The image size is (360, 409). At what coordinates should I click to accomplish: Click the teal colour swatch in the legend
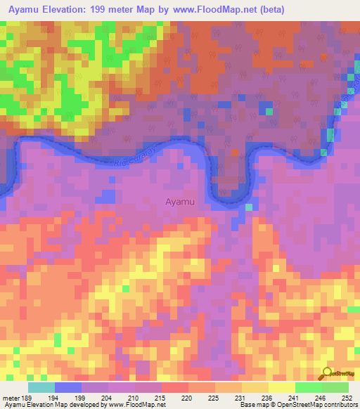41,387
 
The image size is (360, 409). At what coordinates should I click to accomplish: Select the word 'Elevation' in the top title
71,10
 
